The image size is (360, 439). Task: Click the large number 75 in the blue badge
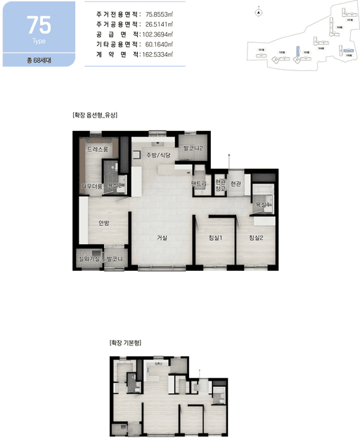tap(38, 25)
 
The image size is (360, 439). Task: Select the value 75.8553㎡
tap(159, 14)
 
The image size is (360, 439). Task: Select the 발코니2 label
tap(192, 148)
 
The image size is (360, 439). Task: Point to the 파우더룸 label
tap(91, 186)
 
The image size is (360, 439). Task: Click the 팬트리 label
tap(198, 184)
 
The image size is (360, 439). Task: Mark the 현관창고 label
tap(219, 185)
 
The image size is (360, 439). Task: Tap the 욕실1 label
tap(264, 204)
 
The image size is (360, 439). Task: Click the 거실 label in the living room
tap(162, 238)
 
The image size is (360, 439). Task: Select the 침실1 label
tap(216, 238)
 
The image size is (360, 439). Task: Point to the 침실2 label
tap(256, 238)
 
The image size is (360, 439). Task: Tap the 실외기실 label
tap(88, 260)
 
